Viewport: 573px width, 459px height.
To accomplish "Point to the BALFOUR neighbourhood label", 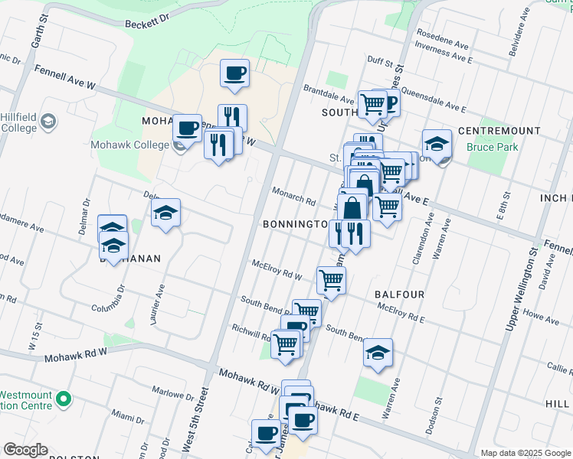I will (399, 294).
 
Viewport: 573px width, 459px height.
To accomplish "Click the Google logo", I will (25, 450).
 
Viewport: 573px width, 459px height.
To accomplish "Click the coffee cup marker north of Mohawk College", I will (234, 73).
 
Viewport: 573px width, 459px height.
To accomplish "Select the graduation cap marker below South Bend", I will (378, 352).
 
